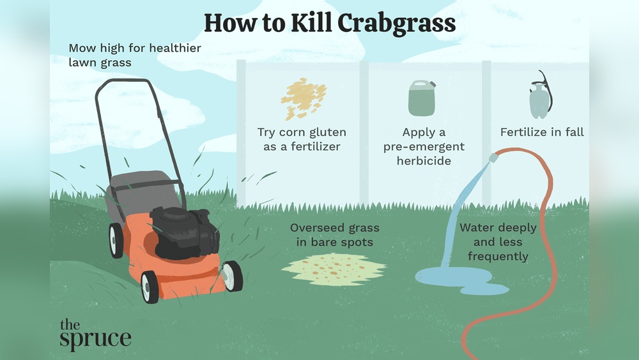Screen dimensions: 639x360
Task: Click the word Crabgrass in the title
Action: pos(396,24)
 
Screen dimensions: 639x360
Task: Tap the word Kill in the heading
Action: pos(311,23)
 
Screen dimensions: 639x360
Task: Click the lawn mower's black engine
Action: pos(185,232)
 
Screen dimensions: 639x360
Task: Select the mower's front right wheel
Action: pos(233,276)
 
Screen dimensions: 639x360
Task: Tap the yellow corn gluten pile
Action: pos(304,98)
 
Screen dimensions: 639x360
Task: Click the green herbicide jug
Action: pos(422,98)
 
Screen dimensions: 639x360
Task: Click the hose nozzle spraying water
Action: pos(494,157)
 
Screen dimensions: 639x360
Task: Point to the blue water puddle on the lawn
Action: pos(461,280)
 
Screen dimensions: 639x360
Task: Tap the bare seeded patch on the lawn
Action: pos(334,269)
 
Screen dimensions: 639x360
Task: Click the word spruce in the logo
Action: pos(95,339)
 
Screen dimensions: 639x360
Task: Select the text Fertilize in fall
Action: pos(542,132)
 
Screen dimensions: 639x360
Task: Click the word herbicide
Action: pos(424,160)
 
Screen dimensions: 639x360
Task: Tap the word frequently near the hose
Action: pos(498,256)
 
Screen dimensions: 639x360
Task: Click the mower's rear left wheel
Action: pos(116,240)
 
